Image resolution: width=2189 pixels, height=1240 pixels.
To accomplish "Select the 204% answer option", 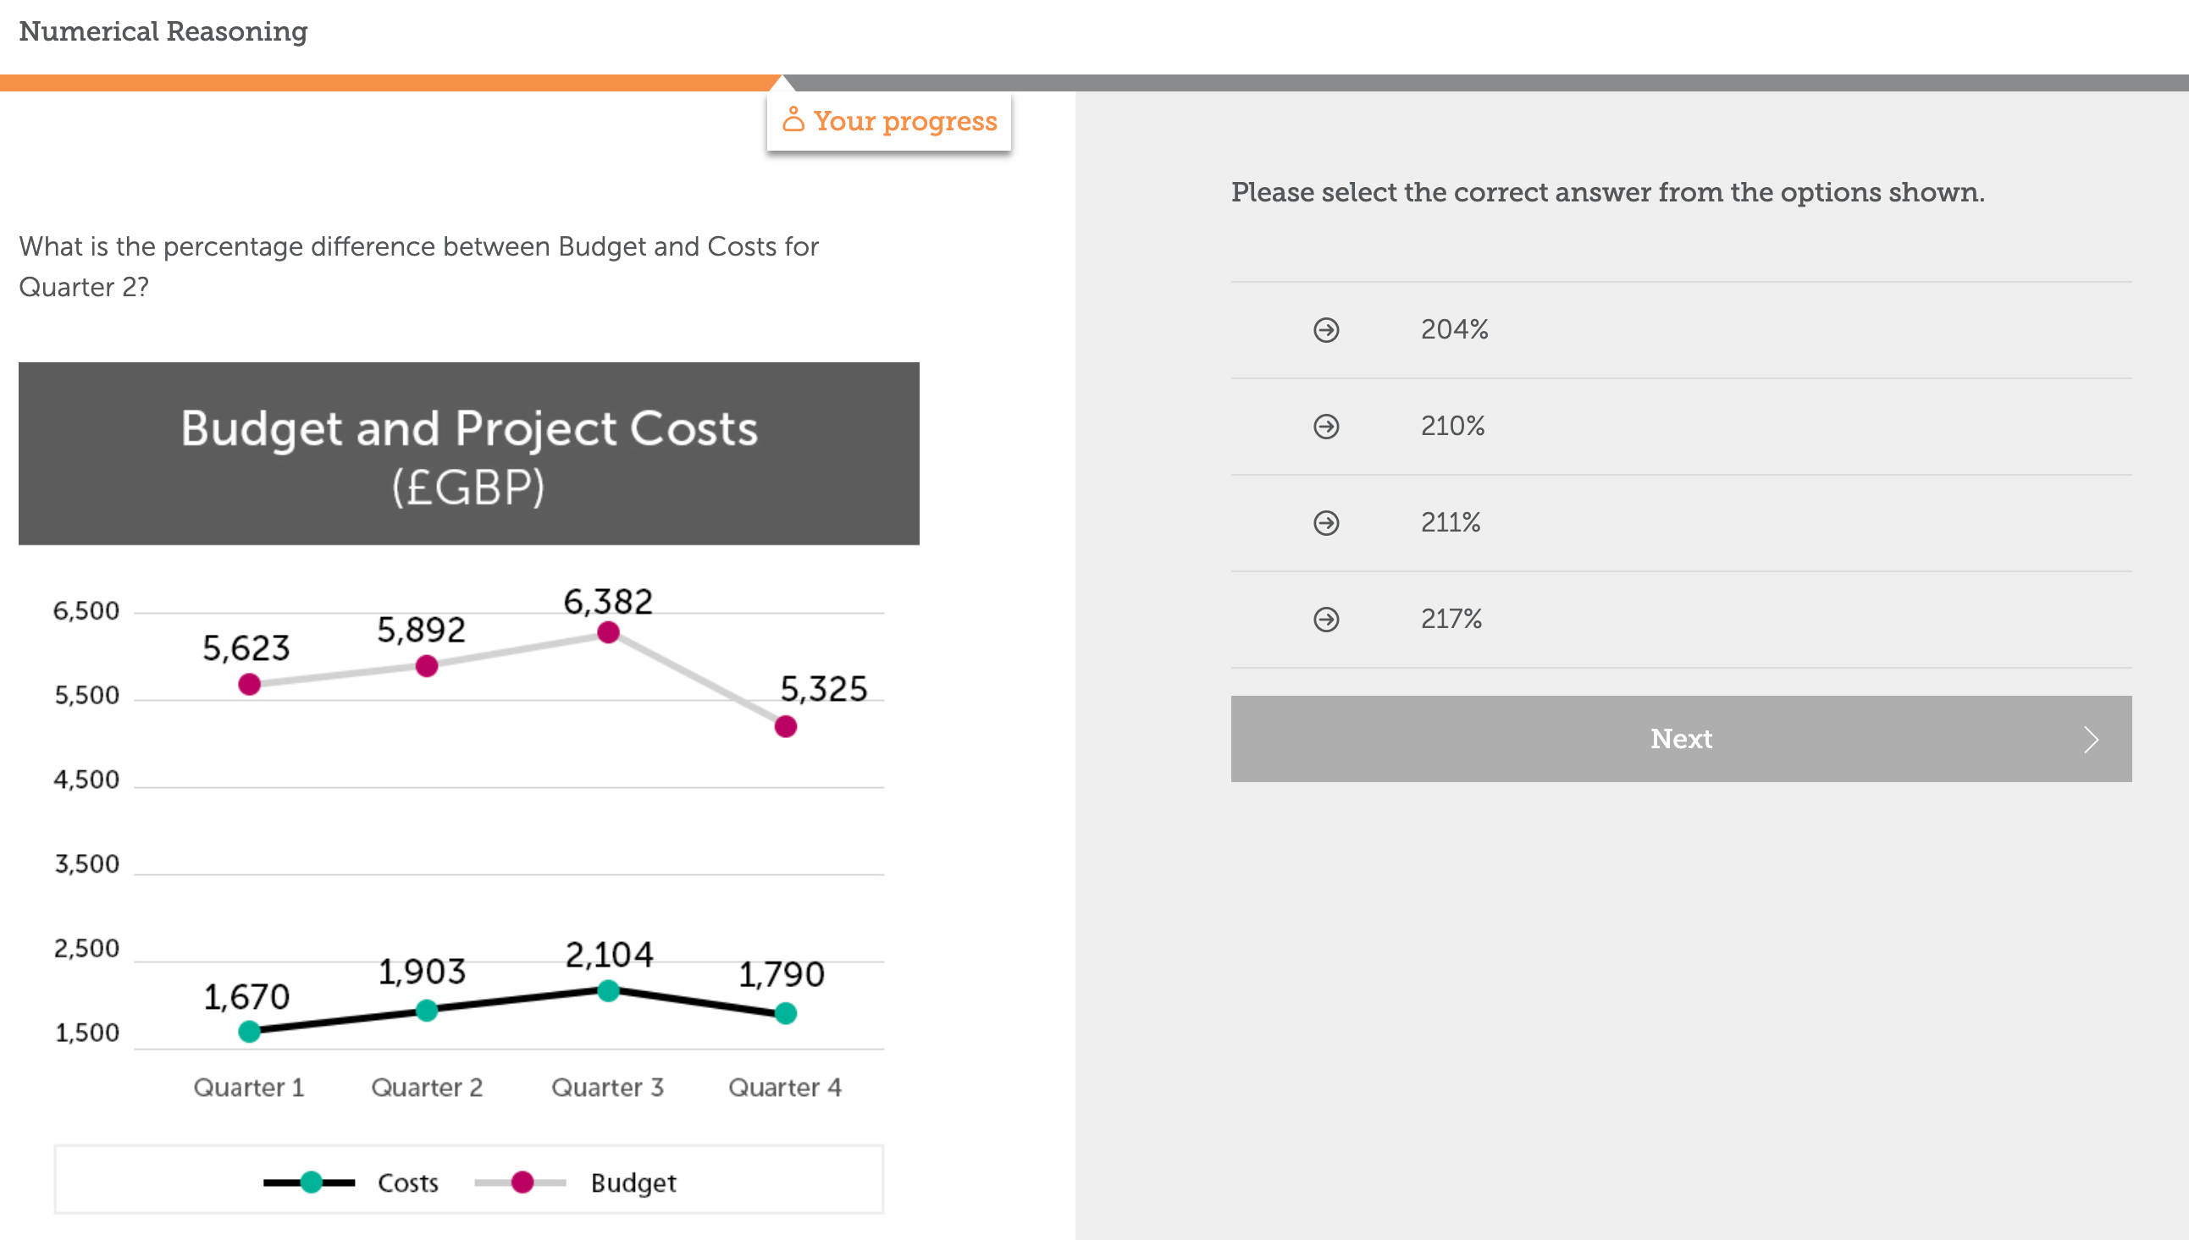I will (x=1454, y=329).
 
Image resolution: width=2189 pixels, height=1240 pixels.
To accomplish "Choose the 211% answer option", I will (x=1450, y=522).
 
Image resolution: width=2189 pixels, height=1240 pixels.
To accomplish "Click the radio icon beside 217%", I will (x=1325, y=619).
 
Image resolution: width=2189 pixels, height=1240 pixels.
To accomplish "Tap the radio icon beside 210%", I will (x=1325, y=426).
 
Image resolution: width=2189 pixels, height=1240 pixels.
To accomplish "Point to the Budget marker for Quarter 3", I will (x=608, y=633).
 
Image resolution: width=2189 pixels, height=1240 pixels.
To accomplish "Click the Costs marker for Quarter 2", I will (x=427, y=1011).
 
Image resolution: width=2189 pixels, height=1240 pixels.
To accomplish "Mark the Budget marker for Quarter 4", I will (x=785, y=726).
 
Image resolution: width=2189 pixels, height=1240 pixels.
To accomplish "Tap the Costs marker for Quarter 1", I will (x=250, y=1032).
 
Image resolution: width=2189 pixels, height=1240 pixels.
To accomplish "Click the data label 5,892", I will (x=422, y=631).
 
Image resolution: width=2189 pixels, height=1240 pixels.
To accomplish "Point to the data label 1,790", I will (x=781, y=974).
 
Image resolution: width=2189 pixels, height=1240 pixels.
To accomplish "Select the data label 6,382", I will (x=608, y=602).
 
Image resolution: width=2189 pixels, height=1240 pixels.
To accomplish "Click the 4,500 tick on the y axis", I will (x=86, y=780).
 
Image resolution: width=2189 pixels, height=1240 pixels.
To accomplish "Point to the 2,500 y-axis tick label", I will (x=86, y=949).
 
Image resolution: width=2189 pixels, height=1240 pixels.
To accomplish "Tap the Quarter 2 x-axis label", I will (x=427, y=1088).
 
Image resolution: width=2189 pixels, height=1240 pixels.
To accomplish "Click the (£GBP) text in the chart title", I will (x=467, y=488).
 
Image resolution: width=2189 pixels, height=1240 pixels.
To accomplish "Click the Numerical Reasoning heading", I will (x=163, y=31).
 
